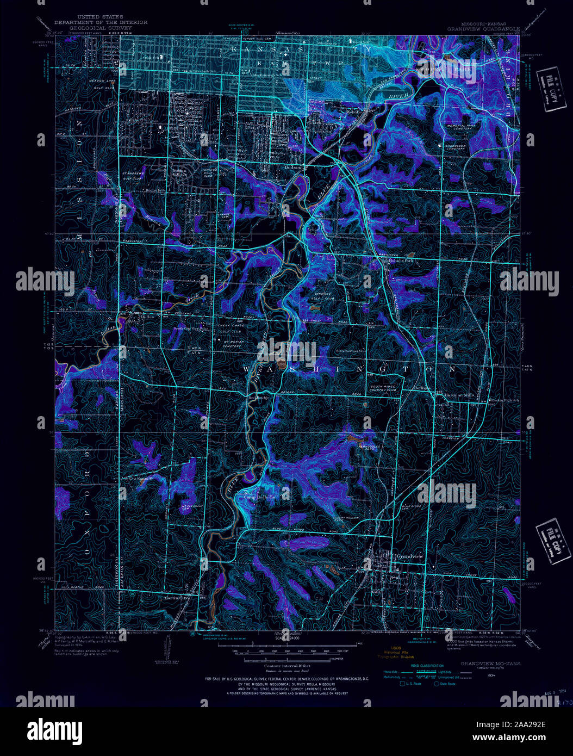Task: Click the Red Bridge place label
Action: pyautogui.click(x=259, y=398)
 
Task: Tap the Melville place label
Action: pyautogui.click(x=354, y=111)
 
